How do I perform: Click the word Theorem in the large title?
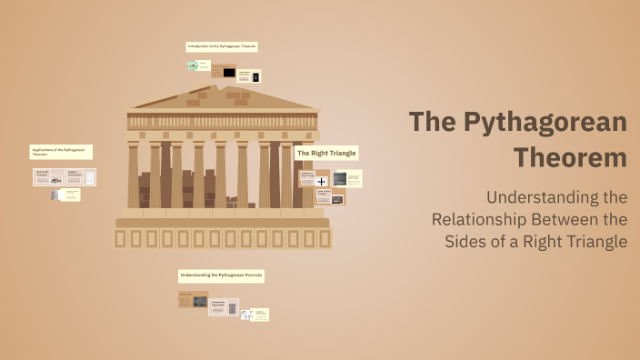570,157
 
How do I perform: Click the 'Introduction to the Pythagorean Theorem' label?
222,46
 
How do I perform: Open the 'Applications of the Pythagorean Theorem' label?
61,152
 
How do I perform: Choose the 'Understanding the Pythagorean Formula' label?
221,275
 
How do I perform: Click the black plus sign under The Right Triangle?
321,182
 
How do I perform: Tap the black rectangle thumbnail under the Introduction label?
229,73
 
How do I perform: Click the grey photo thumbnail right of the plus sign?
339,179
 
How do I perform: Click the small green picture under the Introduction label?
193,65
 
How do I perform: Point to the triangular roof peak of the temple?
222,88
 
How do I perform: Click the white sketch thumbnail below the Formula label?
245,315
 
